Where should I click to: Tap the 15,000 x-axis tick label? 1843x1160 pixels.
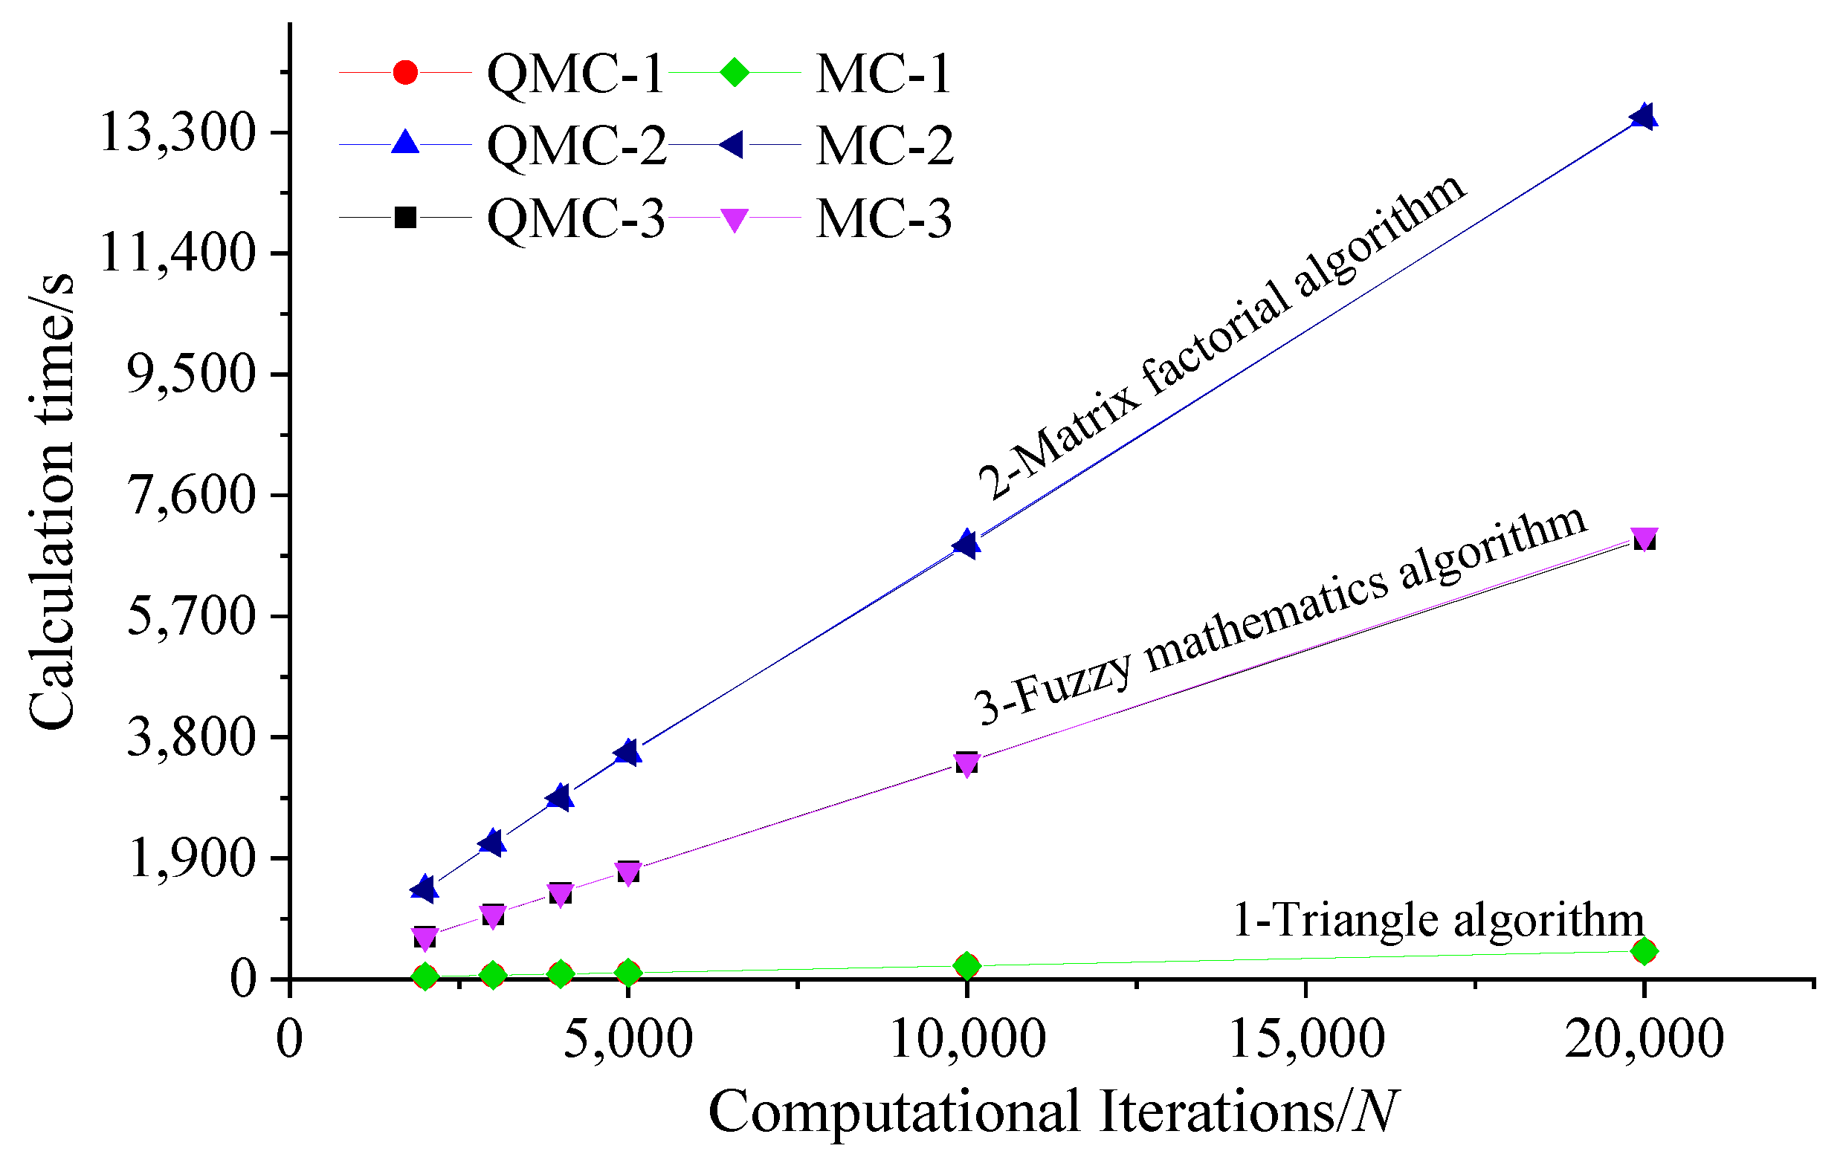pos(1306,1039)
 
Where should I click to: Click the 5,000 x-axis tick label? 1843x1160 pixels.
pos(627,1039)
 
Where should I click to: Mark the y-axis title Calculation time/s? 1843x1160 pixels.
pos(52,501)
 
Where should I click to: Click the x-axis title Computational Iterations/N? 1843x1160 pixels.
pos(1053,1111)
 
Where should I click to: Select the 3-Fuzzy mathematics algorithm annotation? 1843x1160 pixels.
pos(1280,616)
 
